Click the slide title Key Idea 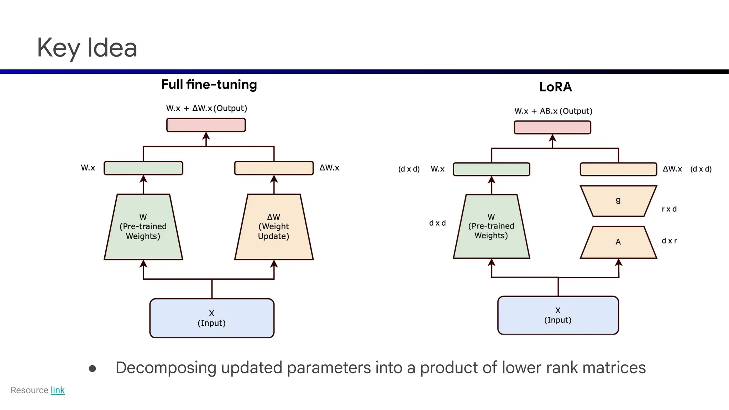pyautogui.click(x=87, y=48)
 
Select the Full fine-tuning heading pyautogui.click(x=209, y=85)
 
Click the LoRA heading pyautogui.click(x=555, y=87)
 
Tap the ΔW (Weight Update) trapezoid pyautogui.click(x=274, y=227)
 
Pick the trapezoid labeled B pyautogui.click(x=618, y=201)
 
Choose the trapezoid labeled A pyautogui.click(x=618, y=242)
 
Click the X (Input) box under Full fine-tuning pyautogui.click(x=212, y=318)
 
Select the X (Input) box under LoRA pyautogui.click(x=558, y=315)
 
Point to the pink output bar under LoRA pyautogui.click(x=552, y=127)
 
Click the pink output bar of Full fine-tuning pyautogui.click(x=206, y=125)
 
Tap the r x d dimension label pyautogui.click(x=669, y=209)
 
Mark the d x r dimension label pyautogui.click(x=669, y=241)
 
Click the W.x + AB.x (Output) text pyautogui.click(x=553, y=111)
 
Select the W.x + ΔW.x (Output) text pyautogui.click(x=206, y=108)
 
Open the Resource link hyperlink pyautogui.click(x=57, y=390)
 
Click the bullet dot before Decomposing pyautogui.click(x=93, y=369)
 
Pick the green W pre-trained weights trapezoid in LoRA pyautogui.click(x=491, y=226)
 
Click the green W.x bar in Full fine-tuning pyautogui.click(x=143, y=168)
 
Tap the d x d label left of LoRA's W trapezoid pyautogui.click(x=437, y=223)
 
